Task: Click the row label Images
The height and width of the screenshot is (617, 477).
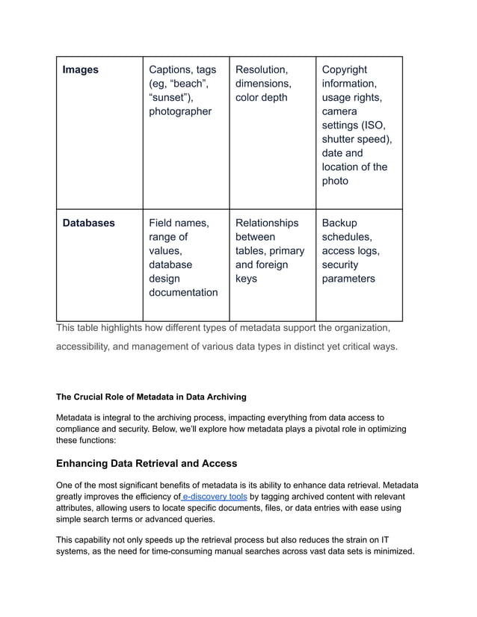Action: coord(80,69)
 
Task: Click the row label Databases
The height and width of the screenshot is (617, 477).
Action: coord(88,223)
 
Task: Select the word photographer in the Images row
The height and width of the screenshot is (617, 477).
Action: coord(180,111)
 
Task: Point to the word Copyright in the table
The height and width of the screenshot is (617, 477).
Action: coord(345,69)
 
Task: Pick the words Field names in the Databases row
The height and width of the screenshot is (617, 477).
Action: coord(179,223)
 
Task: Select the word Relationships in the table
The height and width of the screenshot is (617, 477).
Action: coord(267,223)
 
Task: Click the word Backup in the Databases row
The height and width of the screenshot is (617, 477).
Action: coord(339,223)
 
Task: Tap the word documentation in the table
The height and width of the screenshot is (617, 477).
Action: coord(183,292)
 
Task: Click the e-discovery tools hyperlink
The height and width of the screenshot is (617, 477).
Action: coord(215,495)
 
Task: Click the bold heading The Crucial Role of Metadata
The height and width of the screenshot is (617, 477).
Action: coord(151,396)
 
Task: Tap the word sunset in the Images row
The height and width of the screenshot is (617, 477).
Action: coord(170,97)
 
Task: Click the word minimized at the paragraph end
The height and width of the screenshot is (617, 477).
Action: coord(388,551)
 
